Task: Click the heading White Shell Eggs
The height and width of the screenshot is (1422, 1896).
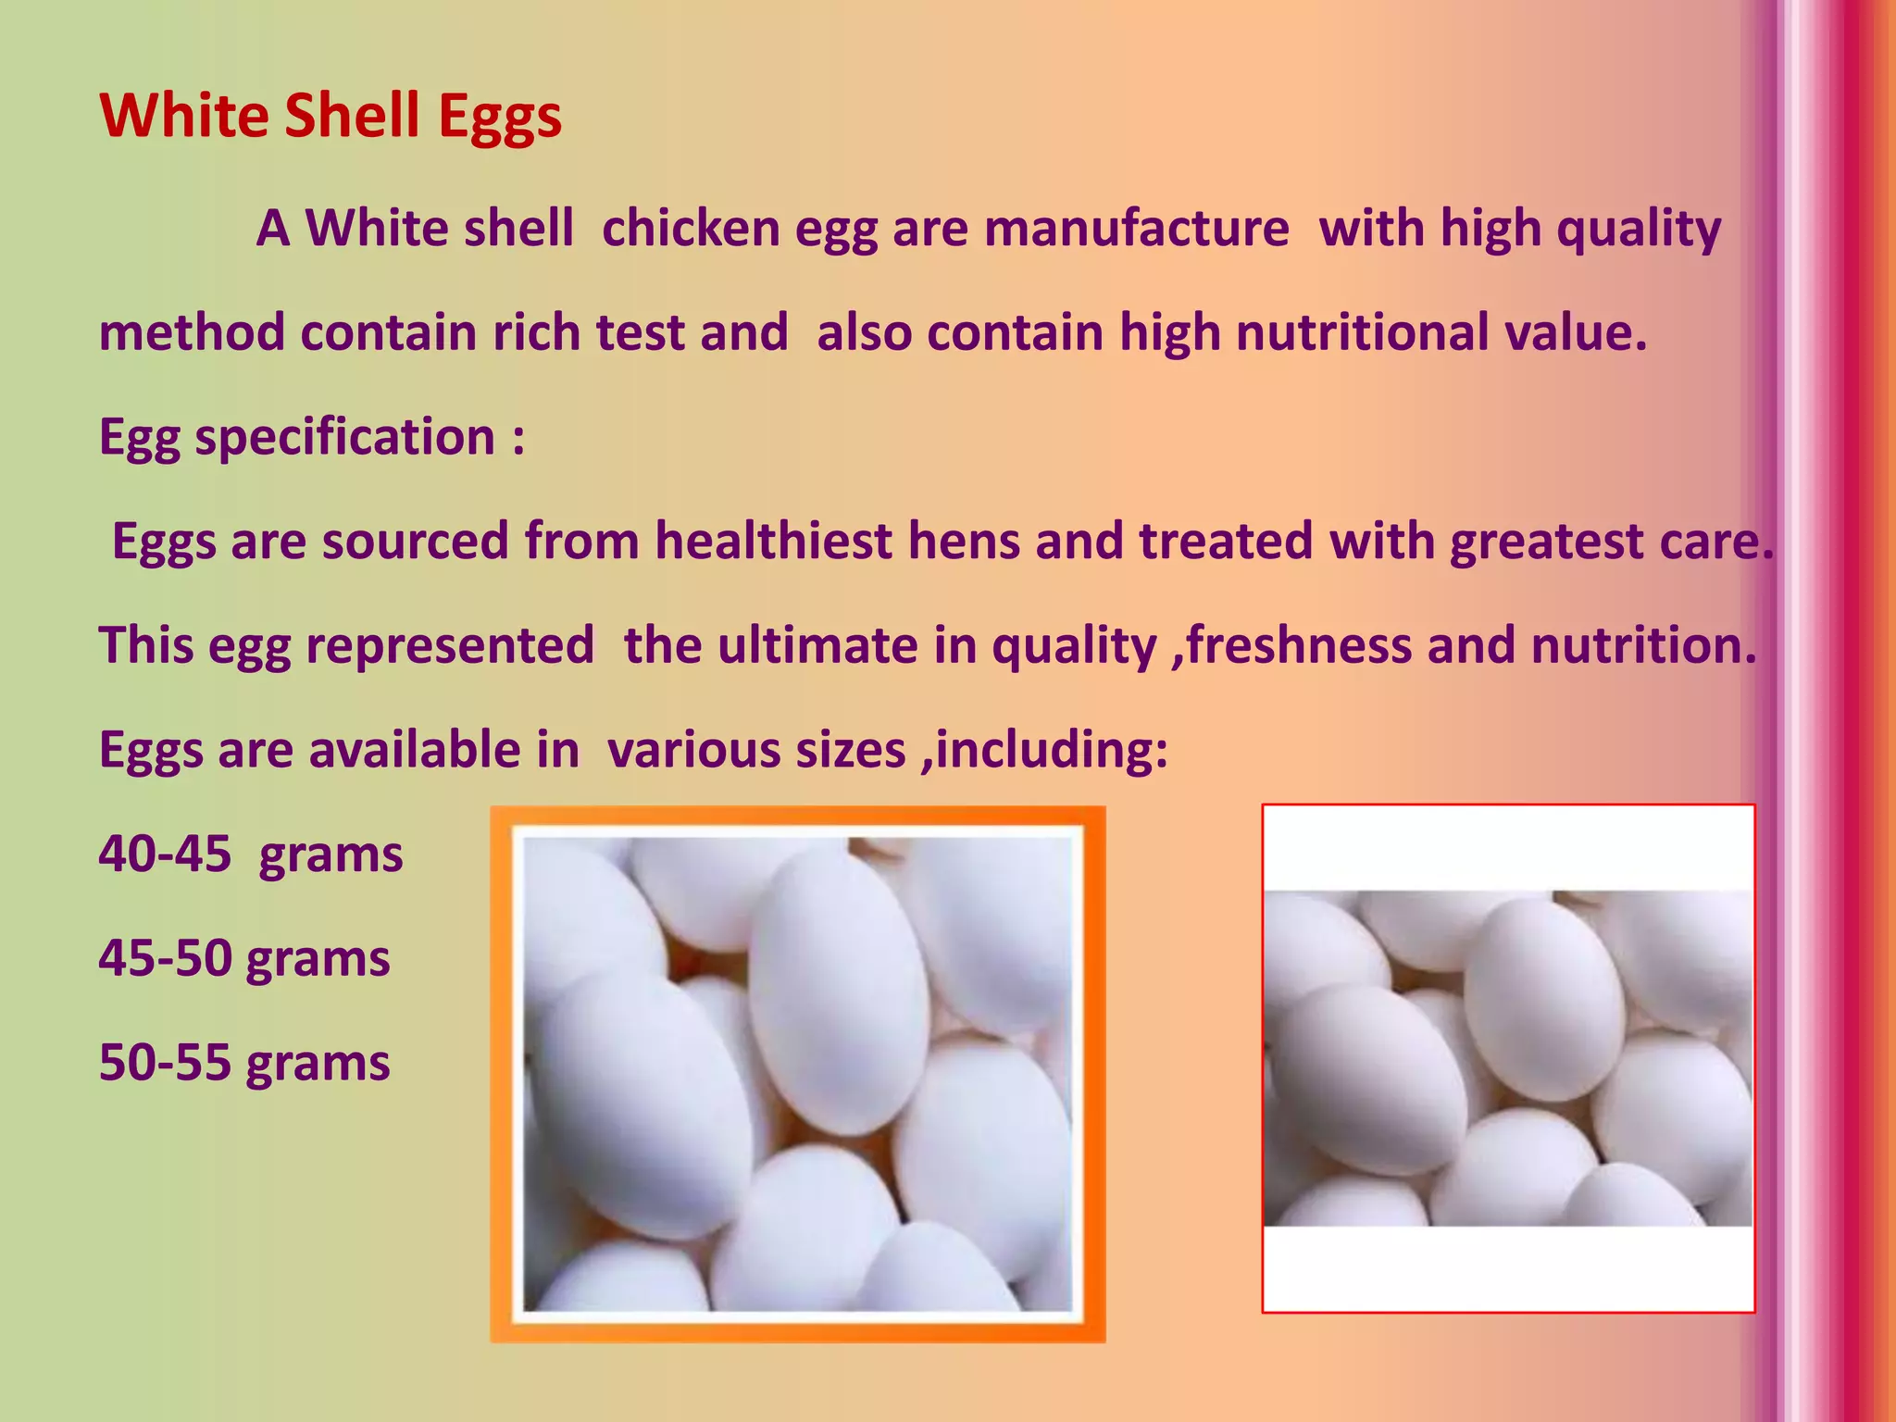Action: pyautogui.click(x=331, y=117)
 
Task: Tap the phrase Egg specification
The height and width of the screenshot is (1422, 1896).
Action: pyautogui.click(x=297, y=437)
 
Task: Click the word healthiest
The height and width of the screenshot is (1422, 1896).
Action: pyautogui.click(x=773, y=541)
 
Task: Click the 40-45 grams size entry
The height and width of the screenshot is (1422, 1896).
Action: pyautogui.click(x=251, y=854)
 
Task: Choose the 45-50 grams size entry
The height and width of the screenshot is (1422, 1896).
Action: pyautogui.click(x=244, y=958)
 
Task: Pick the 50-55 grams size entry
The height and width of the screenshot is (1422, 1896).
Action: pyautogui.click(x=244, y=1062)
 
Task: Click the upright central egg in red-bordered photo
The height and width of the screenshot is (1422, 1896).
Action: pyautogui.click(x=1543, y=1001)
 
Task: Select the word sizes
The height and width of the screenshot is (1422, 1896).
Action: pyautogui.click(x=850, y=749)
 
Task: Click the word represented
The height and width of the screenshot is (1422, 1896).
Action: pyautogui.click(x=450, y=645)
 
